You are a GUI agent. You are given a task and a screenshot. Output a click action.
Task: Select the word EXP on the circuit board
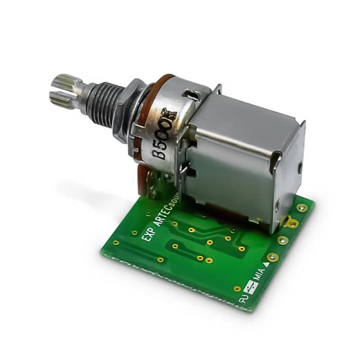148,234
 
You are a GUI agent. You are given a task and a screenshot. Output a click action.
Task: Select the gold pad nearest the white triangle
272,257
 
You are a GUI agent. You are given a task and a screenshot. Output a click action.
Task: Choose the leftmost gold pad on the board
116,243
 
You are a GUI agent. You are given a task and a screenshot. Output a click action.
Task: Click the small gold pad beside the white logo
237,288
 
